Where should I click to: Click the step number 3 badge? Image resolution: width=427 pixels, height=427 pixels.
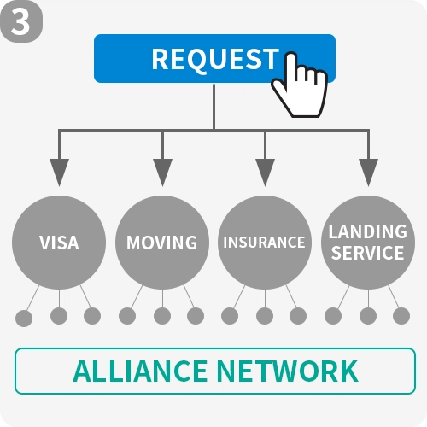click(21, 21)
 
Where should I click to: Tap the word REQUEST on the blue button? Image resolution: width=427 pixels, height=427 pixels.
click(215, 59)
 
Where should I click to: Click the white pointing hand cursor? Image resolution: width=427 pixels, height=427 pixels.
click(300, 85)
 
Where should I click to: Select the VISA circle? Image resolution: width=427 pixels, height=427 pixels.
click(59, 243)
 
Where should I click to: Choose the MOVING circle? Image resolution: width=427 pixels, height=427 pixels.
click(162, 243)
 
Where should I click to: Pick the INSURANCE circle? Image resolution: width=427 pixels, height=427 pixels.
click(265, 243)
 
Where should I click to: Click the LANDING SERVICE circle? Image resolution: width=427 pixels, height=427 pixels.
click(368, 243)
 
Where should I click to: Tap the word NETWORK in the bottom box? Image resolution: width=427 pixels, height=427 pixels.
click(288, 371)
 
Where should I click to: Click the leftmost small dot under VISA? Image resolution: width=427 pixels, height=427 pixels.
click(24, 319)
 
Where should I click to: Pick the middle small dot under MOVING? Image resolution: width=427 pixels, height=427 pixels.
click(162, 316)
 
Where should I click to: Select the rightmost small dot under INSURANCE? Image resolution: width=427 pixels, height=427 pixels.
click(298, 316)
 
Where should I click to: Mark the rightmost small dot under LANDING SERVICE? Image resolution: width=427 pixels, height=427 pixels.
click(401, 316)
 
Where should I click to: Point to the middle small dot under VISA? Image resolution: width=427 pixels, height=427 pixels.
click(59, 316)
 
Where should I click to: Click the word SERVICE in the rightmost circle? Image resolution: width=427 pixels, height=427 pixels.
click(368, 253)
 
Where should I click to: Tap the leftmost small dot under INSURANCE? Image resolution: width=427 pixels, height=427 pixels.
click(230, 316)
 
